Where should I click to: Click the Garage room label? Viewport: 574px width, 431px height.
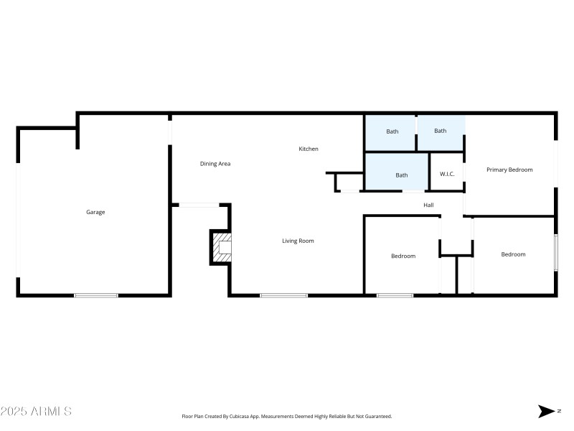pyautogui.click(x=95, y=212)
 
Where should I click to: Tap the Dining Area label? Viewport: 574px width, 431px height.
pyautogui.click(x=215, y=164)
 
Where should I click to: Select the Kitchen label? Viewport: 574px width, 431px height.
pyautogui.click(x=309, y=149)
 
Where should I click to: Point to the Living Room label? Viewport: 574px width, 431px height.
pyautogui.click(x=298, y=241)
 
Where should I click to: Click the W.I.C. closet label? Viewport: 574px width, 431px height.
pyautogui.click(x=446, y=174)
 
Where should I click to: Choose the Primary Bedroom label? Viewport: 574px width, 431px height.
pyautogui.click(x=509, y=170)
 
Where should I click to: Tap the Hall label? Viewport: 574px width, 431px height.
pyautogui.click(x=428, y=205)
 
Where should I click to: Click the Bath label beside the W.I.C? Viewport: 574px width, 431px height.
pyautogui.click(x=402, y=175)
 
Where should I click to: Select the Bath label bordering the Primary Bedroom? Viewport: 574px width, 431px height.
pyautogui.click(x=440, y=131)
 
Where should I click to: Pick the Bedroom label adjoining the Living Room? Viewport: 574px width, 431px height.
pyautogui.click(x=403, y=256)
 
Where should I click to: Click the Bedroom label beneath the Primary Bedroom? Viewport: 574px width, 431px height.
pyautogui.click(x=513, y=254)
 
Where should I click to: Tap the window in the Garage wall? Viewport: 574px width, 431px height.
pyautogui.click(x=96, y=295)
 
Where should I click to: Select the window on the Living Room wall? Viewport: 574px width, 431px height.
pyautogui.click(x=283, y=295)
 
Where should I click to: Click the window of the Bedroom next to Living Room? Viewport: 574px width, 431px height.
pyautogui.click(x=395, y=295)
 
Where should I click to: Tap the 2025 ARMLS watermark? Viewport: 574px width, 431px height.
pyautogui.click(x=36, y=412)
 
